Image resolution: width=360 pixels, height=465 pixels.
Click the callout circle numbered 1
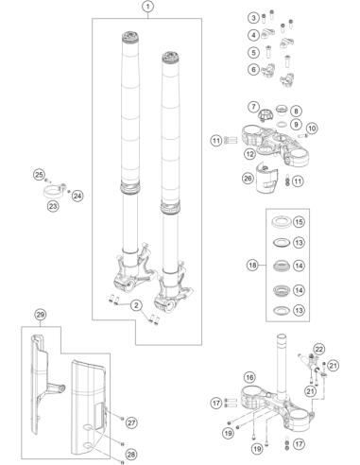tap(148, 6)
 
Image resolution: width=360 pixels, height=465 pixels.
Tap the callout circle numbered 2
tap(136, 305)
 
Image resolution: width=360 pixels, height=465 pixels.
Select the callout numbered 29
tap(41, 314)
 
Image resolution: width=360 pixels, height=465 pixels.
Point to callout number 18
tap(252, 266)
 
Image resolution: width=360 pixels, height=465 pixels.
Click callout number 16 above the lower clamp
tap(249, 377)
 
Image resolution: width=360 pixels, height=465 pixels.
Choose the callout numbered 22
tap(319, 349)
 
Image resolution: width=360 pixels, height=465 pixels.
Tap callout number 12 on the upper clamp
tap(250, 154)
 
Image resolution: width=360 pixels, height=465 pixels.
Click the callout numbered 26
tap(248, 179)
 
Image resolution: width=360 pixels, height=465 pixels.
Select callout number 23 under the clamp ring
tap(53, 206)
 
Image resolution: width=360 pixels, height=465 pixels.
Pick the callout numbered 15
tap(299, 222)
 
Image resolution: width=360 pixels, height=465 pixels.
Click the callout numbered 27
tap(131, 422)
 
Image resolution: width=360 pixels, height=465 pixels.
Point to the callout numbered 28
tap(131, 455)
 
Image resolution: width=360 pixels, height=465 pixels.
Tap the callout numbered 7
tap(253, 107)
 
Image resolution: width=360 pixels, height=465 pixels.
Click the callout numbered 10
tap(312, 129)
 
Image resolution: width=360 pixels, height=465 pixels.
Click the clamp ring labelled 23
tap(55, 191)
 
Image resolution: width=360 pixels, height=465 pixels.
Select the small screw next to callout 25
tap(47, 181)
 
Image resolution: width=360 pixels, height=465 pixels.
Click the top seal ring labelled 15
tap(280, 222)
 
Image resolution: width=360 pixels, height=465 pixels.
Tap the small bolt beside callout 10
tap(302, 136)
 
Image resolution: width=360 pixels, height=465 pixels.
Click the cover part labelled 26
tap(266, 178)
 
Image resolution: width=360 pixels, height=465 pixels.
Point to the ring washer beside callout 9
tap(282, 124)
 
